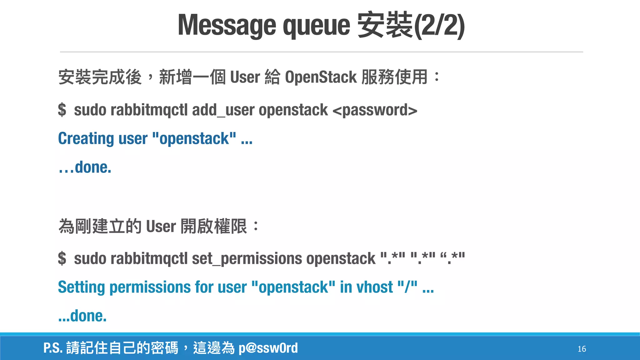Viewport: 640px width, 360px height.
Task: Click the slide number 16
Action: coord(582,349)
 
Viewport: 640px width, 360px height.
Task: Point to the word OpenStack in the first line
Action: coord(321,77)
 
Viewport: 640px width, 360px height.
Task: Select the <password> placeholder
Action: coord(375,110)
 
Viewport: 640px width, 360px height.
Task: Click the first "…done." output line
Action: coord(85,167)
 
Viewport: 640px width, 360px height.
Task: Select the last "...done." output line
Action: coord(82,316)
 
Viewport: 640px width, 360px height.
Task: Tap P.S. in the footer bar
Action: coord(53,348)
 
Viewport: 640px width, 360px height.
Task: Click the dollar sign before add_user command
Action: coord(62,110)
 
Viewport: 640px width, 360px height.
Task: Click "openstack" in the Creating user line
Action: coord(194,139)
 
